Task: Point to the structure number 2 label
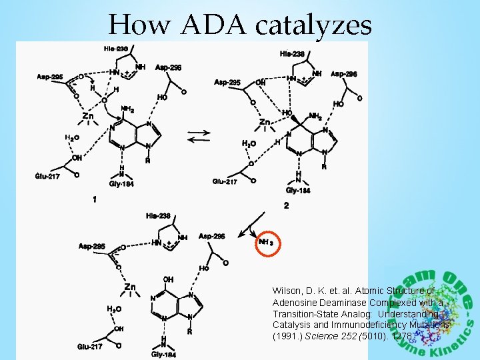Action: point(286,206)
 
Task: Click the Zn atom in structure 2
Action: point(265,123)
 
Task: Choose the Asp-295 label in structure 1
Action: point(50,77)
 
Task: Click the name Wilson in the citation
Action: point(287,291)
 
